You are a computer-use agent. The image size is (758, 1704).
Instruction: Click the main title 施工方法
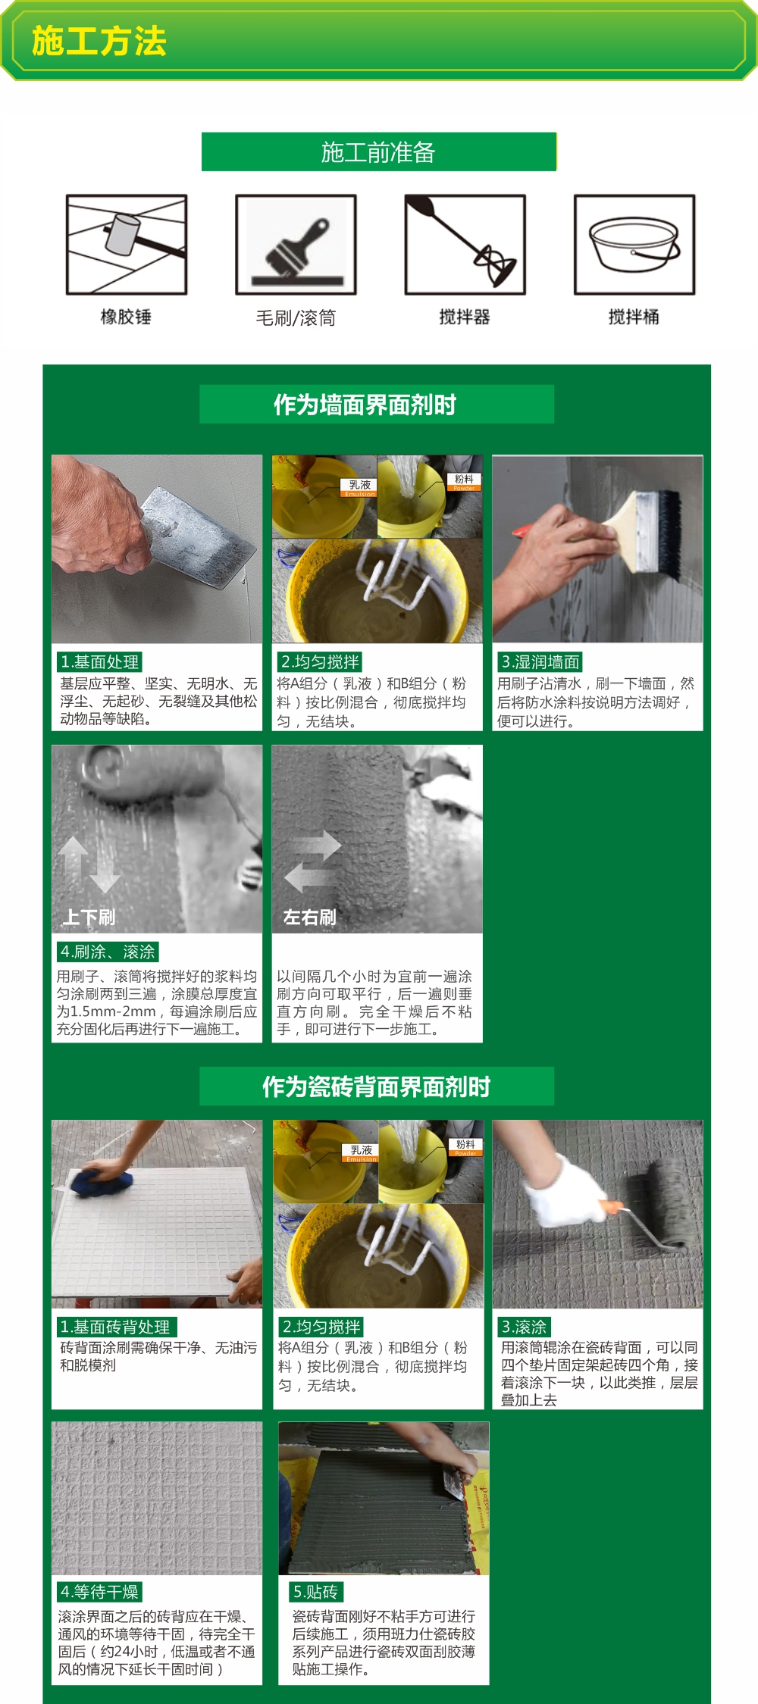[x=99, y=41]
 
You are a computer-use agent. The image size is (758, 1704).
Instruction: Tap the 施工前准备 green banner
[x=379, y=152]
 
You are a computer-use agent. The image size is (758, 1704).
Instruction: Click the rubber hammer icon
[x=127, y=245]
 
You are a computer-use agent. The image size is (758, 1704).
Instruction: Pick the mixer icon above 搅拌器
[x=465, y=245]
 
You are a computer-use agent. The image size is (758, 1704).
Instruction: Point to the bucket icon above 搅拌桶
[x=634, y=245]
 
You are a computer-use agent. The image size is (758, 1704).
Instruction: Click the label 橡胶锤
[x=127, y=317]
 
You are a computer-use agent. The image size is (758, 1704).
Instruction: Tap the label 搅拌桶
[x=634, y=317]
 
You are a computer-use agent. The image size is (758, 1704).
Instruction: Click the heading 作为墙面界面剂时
[x=365, y=405]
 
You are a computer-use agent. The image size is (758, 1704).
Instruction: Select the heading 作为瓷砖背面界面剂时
[x=377, y=1086]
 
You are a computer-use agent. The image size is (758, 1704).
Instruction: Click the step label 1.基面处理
[x=100, y=661]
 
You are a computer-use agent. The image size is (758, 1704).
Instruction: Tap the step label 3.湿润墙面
[x=540, y=661]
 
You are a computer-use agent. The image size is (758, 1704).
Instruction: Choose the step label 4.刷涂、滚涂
[x=108, y=952]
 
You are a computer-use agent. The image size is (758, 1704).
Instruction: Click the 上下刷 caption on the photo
[x=89, y=918]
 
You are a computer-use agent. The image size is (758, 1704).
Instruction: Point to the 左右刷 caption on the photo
[x=309, y=918]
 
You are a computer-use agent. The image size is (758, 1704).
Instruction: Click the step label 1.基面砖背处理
[x=116, y=1327]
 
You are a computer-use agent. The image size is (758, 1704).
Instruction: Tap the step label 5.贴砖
[x=316, y=1591]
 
